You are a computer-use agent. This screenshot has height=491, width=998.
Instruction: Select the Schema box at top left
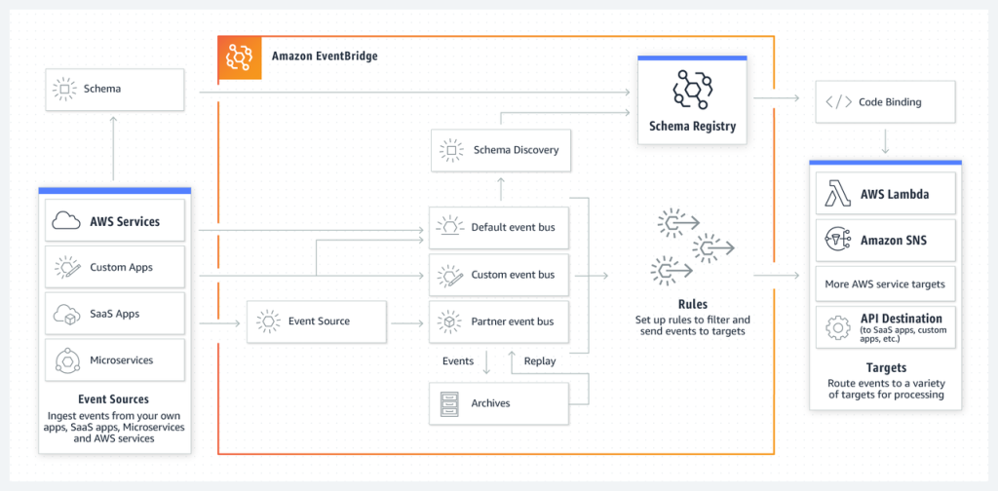(114, 89)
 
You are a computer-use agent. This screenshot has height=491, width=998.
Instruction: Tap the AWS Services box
(114, 221)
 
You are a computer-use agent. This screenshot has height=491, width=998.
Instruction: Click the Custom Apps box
(114, 267)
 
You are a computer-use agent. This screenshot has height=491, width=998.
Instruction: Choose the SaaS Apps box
(114, 314)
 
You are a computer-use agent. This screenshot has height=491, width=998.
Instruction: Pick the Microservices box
(114, 359)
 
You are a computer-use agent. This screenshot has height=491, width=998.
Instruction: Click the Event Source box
(317, 321)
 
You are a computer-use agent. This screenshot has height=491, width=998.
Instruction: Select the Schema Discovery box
(500, 150)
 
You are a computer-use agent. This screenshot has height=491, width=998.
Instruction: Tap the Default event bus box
(500, 227)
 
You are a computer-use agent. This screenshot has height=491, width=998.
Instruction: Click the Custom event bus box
(500, 275)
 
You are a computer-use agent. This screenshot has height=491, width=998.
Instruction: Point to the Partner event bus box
(500, 321)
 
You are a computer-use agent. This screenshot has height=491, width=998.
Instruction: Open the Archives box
(500, 402)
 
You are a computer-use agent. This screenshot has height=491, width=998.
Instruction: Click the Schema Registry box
(692, 100)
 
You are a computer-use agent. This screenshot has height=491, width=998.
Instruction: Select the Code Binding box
(885, 101)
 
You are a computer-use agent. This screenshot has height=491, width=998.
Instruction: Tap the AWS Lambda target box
(885, 194)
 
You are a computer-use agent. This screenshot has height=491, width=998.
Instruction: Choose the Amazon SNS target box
(885, 240)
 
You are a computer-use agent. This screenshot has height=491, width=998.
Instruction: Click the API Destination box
(885, 325)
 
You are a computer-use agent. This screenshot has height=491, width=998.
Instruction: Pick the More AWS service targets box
(885, 284)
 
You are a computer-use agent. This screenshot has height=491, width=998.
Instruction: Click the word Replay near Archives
(539, 360)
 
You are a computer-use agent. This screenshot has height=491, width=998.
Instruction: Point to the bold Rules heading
(692, 304)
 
